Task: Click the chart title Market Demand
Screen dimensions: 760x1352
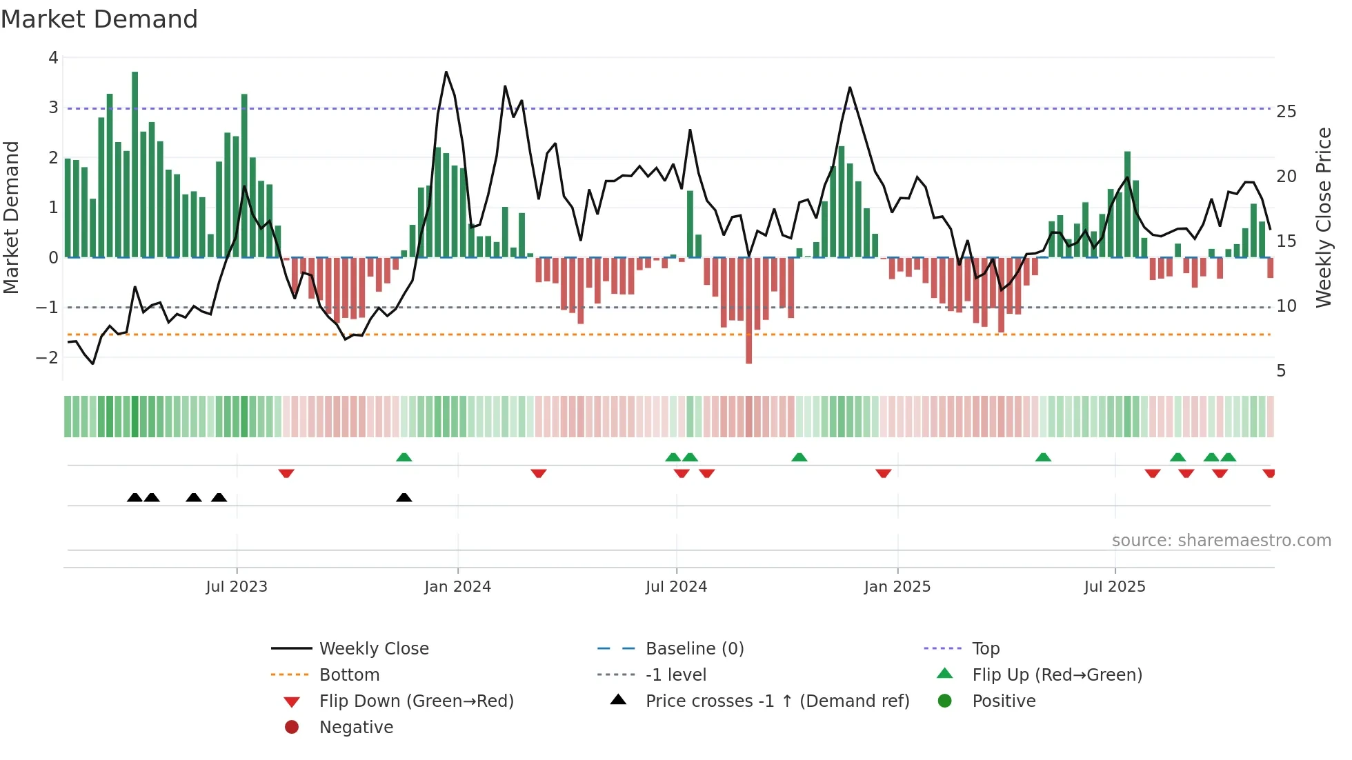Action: [99, 19]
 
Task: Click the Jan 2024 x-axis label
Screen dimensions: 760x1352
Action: [457, 587]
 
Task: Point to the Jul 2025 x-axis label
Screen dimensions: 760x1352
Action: [1114, 587]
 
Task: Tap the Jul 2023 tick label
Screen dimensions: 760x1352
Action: [237, 587]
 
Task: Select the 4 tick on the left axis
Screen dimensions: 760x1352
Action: [53, 58]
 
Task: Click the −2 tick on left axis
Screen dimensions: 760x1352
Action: [48, 357]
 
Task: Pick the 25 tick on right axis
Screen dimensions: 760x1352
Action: [1286, 111]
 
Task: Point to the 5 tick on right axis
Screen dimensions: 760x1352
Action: [1281, 371]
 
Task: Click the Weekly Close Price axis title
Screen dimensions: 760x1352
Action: [1323, 217]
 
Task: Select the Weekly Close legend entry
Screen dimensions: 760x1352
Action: [373, 648]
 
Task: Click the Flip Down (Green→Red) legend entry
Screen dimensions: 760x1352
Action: [416, 701]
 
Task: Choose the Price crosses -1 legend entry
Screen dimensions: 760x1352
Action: [777, 701]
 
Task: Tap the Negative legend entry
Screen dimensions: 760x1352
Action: [356, 727]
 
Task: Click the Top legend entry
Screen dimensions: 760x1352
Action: [985, 648]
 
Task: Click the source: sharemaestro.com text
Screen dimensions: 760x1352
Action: [1221, 540]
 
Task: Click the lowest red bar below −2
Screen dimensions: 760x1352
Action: [748, 310]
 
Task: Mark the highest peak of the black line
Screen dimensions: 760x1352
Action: [446, 72]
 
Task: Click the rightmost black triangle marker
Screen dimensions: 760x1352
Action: [404, 497]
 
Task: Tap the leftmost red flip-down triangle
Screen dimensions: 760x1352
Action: [286, 473]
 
